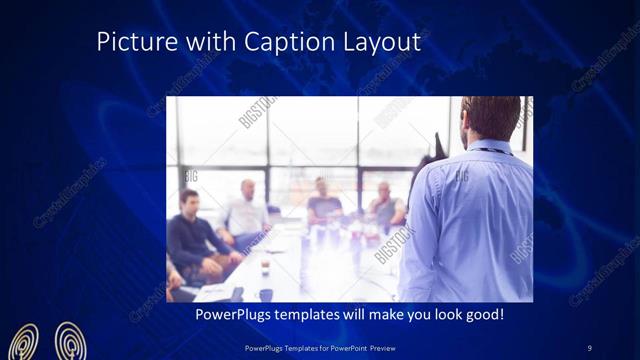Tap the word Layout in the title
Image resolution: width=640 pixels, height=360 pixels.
point(384,43)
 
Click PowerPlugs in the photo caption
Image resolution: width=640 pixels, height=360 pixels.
point(228,314)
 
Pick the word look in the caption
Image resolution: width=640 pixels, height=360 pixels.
point(436,314)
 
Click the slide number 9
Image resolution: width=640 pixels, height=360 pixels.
point(589,348)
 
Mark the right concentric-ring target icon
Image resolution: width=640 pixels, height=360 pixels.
point(70,342)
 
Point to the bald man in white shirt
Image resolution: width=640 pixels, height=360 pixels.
point(246,210)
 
